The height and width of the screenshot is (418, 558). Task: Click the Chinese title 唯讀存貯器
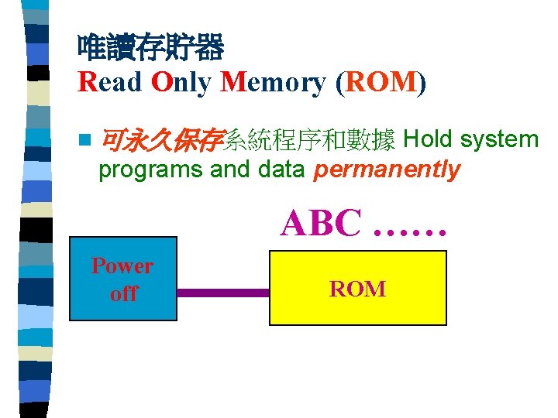tap(150, 49)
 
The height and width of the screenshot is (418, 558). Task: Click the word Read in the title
tap(109, 82)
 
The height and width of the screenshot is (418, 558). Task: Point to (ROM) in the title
tap(381, 82)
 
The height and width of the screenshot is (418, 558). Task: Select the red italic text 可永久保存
tap(162, 140)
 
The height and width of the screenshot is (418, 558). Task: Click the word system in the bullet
tap(499, 140)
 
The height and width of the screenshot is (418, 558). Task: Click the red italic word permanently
tap(387, 170)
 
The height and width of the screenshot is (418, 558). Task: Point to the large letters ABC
tap(321, 223)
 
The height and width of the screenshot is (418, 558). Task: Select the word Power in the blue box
tap(122, 266)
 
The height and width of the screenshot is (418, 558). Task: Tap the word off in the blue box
tap(123, 293)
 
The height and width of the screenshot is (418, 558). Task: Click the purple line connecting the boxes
tap(222, 293)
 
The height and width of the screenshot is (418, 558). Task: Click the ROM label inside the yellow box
tap(357, 289)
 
